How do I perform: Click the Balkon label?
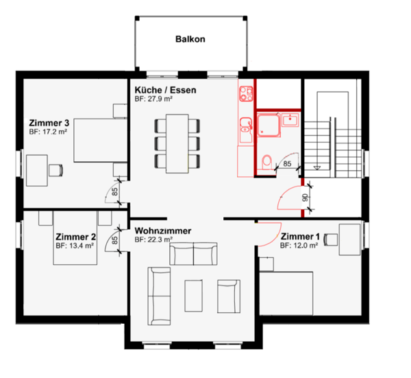(x=190, y=39)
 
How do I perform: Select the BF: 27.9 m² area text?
(x=153, y=99)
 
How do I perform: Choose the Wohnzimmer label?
(x=162, y=231)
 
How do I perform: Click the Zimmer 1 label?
(x=300, y=237)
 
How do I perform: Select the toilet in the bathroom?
(x=266, y=161)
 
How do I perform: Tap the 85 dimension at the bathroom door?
(x=286, y=164)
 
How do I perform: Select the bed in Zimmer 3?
(x=99, y=140)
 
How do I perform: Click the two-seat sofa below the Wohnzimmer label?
(x=192, y=255)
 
